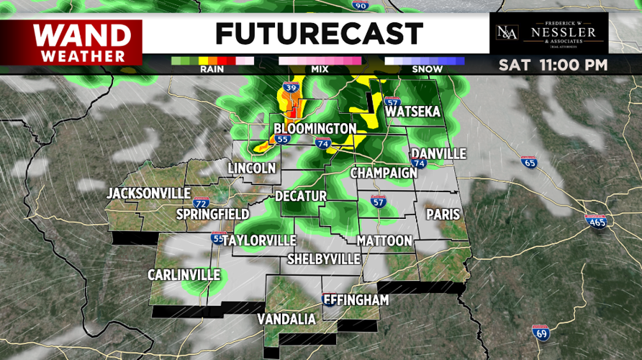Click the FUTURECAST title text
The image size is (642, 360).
(319, 33)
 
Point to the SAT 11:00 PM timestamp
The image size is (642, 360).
(553, 65)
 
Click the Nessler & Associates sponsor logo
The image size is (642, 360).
(548, 33)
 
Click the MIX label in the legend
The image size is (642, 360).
(320, 70)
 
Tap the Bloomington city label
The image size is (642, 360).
(315, 128)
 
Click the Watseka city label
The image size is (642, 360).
(412, 112)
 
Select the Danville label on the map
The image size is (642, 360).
(438, 153)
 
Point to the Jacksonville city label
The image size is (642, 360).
(148, 193)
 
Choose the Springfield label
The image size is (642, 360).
(213, 214)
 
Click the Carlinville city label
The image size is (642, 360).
(184, 275)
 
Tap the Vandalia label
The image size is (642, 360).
(286, 318)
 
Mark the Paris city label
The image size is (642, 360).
(443, 214)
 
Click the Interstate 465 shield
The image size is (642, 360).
(596, 220)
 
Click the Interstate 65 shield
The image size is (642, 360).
(529, 163)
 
